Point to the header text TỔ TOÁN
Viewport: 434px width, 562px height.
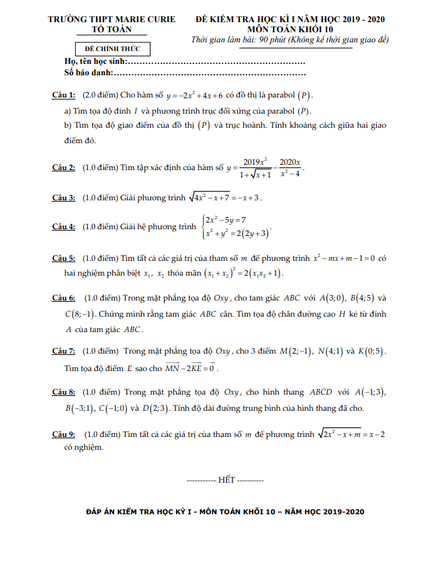pyautogui.click(x=118, y=30)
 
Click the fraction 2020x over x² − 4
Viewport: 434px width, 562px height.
pyautogui.click(x=290, y=167)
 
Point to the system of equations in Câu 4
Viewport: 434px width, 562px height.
pyautogui.click(x=236, y=227)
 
